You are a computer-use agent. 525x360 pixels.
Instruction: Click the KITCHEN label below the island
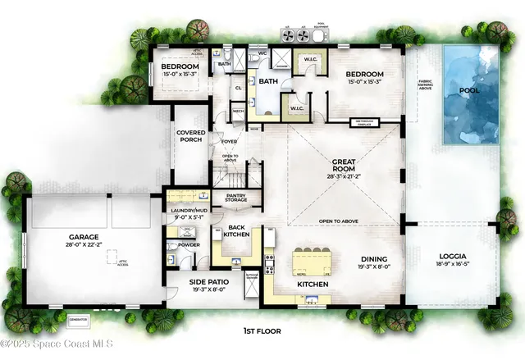[x=313, y=284]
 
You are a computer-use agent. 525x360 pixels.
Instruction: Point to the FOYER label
[x=229, y=142]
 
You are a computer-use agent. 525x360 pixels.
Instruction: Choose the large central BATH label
[x=269, y=81]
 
